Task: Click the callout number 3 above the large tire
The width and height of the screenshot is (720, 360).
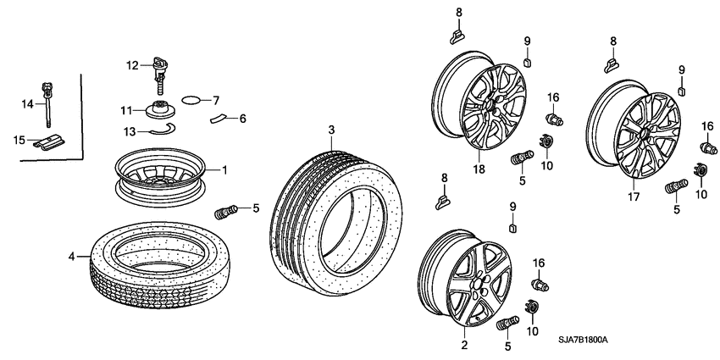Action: (332, 130)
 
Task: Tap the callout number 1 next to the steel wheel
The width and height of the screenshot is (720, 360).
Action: (225, 169)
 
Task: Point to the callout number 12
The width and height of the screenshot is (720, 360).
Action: (132, 65)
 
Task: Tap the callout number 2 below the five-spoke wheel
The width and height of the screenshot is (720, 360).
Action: (463, 346)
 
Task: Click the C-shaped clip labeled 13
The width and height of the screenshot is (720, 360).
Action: (162, 130)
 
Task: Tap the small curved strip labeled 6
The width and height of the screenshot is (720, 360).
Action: (219, 118)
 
